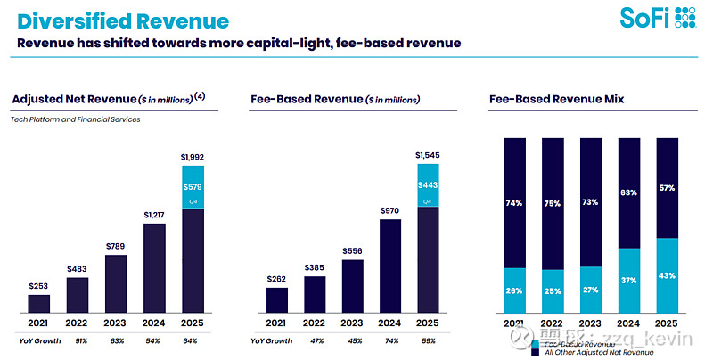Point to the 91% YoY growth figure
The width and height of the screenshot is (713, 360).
pyautogui.click(x=81, y=340)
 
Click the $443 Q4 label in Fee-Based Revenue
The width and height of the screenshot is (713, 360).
pyautogui.click(x=428, y=184)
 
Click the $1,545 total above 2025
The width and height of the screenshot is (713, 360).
pyautogui.click(x=428, y=155)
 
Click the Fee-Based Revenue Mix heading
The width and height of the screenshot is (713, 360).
pyautogui.click(x=556, y=99)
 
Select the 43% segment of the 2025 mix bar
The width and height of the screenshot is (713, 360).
pyautogui.click(x=667, y=275)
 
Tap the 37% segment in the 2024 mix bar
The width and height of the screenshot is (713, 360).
pyautogui.click(x=628, y=281)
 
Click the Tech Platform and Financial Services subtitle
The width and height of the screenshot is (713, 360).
pyautogui.click(x=77, y=119)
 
